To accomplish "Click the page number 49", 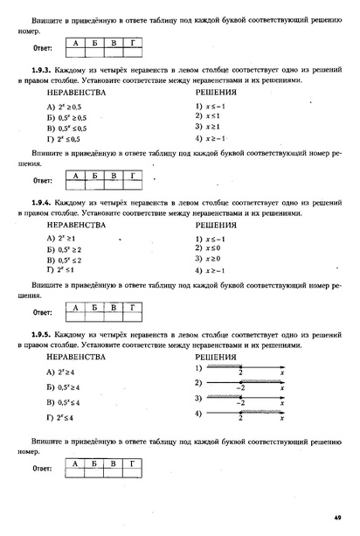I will (336, 516).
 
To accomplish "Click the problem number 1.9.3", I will (42, 68).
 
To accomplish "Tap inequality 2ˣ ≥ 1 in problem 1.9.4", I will (61, 238).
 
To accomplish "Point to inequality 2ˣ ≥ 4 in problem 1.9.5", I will (61, 373).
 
